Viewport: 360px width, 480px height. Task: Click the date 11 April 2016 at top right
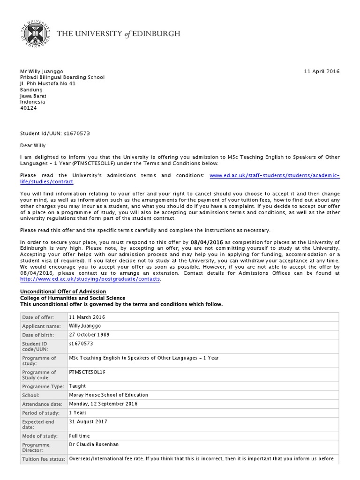[322, 72]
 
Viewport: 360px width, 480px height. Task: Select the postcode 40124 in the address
[28, 108]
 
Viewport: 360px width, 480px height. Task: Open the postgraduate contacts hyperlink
[90, 279]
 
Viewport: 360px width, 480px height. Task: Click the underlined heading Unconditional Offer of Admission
[63, 292]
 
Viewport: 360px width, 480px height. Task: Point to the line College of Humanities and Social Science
[73, 298]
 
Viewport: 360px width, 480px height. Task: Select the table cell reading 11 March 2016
[87, 317]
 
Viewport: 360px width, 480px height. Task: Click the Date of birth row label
[38, 335]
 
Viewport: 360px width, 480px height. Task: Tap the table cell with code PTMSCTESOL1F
[88, 372]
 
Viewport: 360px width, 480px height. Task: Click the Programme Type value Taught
[77, 386]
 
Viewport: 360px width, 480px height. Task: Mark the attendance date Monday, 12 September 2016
[103, 404]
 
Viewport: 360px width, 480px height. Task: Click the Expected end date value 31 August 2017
[88, 422]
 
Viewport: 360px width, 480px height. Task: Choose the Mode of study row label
[39, 436]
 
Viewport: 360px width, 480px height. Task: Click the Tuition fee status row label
[43, 459]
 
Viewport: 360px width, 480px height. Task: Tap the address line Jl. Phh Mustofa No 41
[47, 84]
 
